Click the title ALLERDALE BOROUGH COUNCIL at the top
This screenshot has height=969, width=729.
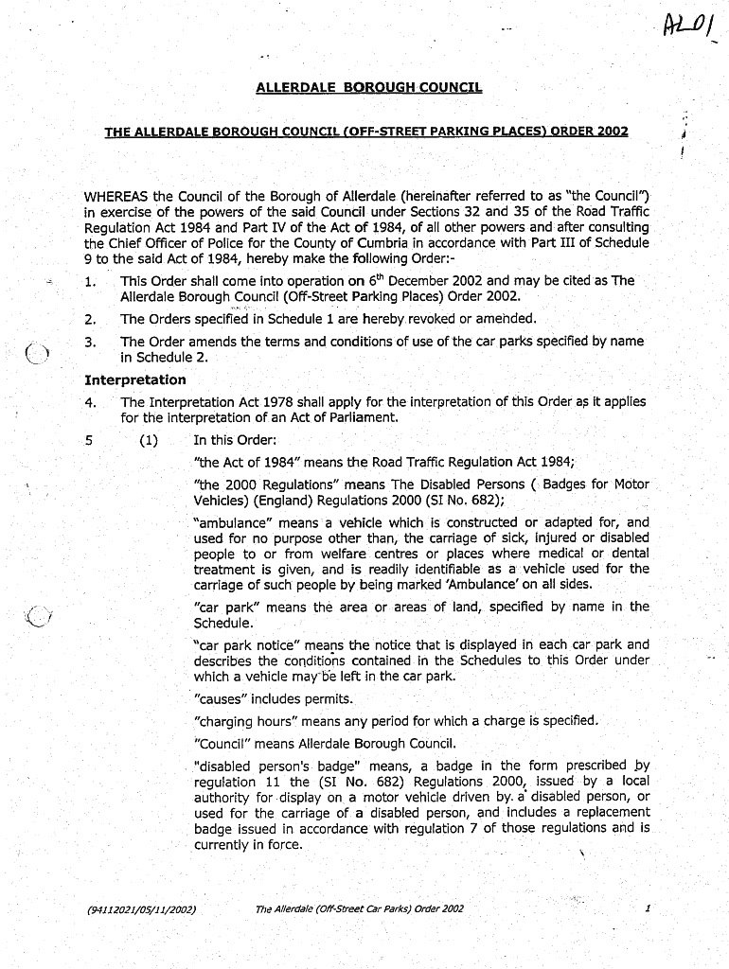368,88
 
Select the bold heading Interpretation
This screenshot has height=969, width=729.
135,379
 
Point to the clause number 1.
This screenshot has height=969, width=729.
90,281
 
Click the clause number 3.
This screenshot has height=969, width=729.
90,342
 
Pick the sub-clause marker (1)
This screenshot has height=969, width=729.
149,440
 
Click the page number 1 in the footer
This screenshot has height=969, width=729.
648,909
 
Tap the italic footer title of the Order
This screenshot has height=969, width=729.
360,909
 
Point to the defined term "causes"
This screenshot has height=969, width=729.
221,699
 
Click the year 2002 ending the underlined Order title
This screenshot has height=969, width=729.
608,131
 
